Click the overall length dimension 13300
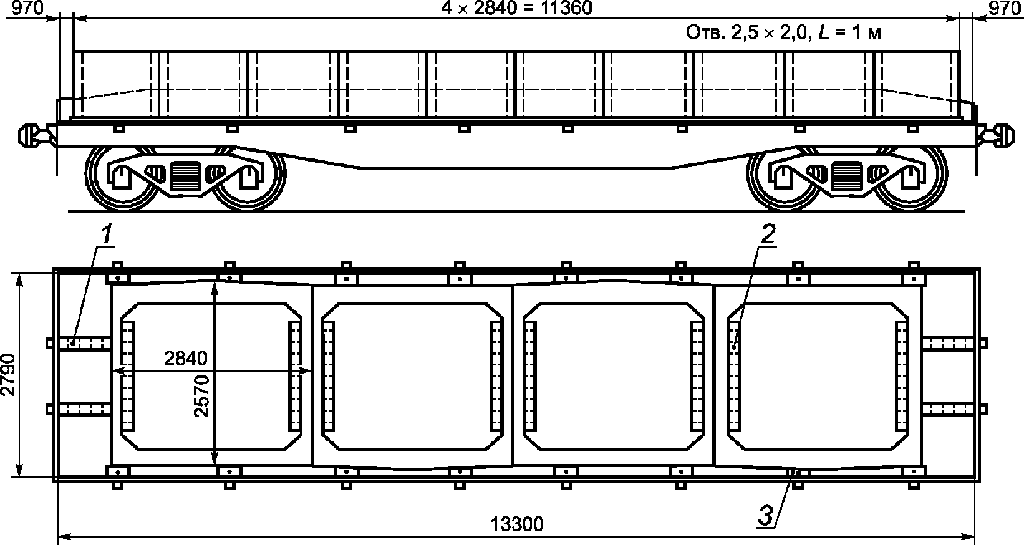coord(517,524)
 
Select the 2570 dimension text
coord(201,396)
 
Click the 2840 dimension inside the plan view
coord(186,359)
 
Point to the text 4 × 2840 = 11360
coord(516,7)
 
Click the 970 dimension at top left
coord(27,7)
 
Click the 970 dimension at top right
coord(1005,7)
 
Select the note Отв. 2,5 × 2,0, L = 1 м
coord(783,33)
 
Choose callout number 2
coord(768,234)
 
